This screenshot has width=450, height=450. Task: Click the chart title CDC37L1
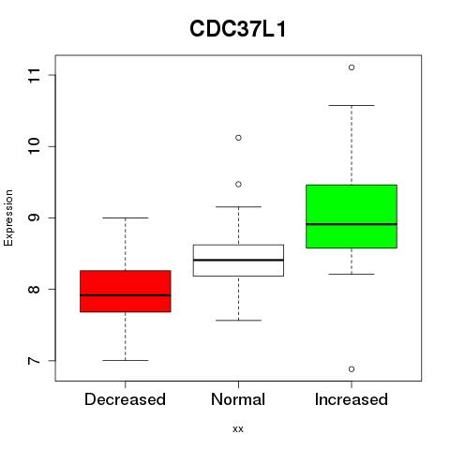237,29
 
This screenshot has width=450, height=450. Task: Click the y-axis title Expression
8,217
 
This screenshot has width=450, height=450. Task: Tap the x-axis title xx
238,428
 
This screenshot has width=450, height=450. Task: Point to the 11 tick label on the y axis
35,75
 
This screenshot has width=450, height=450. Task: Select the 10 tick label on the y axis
35,146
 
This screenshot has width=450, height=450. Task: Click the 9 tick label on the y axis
35,217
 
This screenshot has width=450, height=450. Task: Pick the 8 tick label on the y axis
35,289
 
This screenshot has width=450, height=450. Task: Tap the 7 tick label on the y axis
35,360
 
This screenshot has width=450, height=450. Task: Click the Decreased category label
125,399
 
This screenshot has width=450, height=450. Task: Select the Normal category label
238,399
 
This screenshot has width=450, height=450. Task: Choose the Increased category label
352,399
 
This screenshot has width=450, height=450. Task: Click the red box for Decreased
126,291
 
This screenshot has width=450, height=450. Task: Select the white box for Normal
238,261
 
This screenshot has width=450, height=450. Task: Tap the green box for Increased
352,217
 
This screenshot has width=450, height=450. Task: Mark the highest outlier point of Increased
352,67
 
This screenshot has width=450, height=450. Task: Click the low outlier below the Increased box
352,369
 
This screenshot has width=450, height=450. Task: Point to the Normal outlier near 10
238,138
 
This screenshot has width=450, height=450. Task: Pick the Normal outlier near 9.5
238,185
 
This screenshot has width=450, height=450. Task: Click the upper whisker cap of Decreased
126,217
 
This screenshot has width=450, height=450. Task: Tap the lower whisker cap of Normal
238,321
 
